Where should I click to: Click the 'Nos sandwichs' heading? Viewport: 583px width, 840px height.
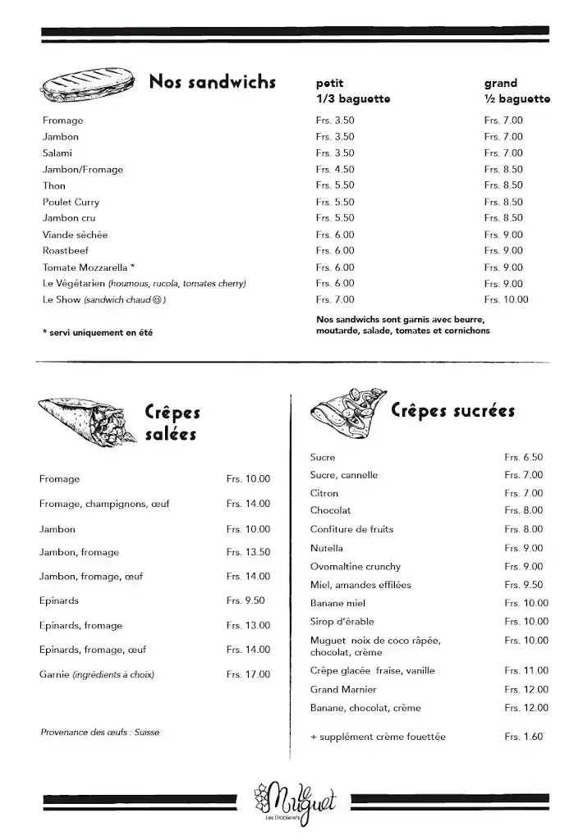click(212, 82)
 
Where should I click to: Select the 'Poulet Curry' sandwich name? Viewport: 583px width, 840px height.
click(71, 202)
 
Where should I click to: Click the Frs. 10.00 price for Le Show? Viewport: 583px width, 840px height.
click(506, 299)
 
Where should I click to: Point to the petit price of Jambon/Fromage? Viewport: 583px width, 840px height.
click(335, 169)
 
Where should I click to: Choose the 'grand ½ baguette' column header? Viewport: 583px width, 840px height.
click(516, 91)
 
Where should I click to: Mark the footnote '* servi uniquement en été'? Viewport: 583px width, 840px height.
click(97, 332)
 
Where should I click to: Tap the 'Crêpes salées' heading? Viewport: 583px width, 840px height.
click(172, 422)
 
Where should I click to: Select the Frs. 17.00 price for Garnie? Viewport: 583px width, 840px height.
click(248, 674)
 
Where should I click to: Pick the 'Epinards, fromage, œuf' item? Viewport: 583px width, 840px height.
click(92, 650)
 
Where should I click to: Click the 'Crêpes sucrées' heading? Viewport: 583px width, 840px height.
click(452, 410)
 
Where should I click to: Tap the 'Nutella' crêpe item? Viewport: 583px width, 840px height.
click(327, 548)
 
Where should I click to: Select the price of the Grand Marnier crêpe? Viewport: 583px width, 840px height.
click(526, 689)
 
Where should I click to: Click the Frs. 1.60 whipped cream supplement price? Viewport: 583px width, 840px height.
click(523, 737)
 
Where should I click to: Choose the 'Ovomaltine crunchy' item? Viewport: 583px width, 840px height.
click(356, 566)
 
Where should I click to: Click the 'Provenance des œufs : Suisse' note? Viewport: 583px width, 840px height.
click(99, 732)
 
